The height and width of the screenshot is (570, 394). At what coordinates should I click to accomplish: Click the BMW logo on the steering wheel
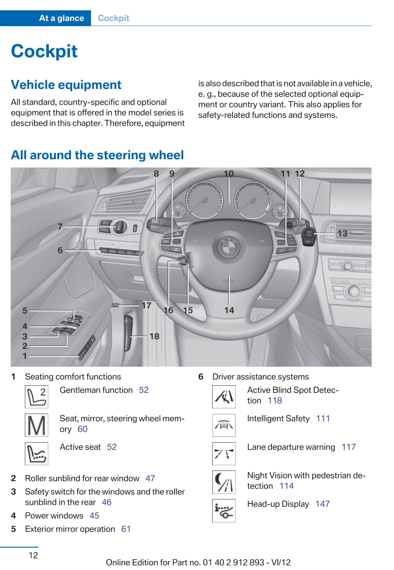point(228,246)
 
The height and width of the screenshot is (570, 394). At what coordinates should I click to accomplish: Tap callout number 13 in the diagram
point(342,233)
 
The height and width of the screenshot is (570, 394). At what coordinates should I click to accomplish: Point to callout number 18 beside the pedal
point(154,336)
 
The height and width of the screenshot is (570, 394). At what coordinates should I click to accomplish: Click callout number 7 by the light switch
point(60,226)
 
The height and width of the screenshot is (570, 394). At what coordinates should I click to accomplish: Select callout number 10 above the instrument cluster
point(228,174)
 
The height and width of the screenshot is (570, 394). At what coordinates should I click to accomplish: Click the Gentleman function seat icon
point(37,397)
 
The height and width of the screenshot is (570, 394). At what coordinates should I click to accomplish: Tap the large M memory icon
point(37,425)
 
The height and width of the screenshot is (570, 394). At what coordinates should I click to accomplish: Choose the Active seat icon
point(37,454)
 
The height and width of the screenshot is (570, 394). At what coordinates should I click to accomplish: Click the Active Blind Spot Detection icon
point(224,397)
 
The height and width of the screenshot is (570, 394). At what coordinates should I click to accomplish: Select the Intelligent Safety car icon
point(224,425)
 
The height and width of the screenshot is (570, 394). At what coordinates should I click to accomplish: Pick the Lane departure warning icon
point(224,454)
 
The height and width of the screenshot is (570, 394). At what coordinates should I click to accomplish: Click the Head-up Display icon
point(224,510)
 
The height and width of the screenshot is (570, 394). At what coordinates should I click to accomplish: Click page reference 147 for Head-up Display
point(323,504)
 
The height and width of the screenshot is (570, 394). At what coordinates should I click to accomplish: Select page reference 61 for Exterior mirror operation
point(126,529)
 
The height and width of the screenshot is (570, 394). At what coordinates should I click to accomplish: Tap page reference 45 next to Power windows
point(94,516)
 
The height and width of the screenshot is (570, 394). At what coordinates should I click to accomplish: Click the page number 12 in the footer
point(33,555)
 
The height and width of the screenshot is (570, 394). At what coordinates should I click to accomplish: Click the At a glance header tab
point(61,18)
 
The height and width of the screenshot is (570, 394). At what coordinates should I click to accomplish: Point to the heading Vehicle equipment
point(66,85)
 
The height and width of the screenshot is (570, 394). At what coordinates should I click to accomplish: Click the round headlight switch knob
point(119,226)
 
